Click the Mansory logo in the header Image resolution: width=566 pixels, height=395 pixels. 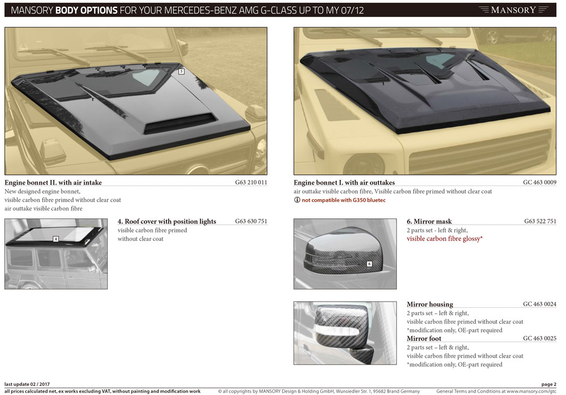(x=513, y=10)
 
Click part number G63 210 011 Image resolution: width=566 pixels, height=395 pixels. (x=251, y=182)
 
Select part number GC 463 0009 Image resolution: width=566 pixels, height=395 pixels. (x=539, y=182)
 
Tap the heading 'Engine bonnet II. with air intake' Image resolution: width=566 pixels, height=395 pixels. (x=53, y=183)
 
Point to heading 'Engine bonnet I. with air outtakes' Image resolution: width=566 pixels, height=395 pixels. (x=344, y=183)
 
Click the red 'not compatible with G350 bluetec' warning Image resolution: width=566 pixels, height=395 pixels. (x=344, y=200)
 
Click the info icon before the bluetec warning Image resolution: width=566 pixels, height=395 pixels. (x=297, y=200)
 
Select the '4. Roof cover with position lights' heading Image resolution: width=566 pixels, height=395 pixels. (x=167, y=221)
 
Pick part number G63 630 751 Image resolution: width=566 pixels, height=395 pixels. (x=251, y=221)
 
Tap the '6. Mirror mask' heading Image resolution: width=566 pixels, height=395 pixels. (x=429, y=221)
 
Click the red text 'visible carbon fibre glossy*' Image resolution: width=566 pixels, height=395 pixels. (x=445, y=239)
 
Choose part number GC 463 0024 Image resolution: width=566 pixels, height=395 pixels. (x=539, y=304)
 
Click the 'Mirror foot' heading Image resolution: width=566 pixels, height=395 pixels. (x=424, y=338)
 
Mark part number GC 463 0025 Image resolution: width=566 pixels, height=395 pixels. (x=539, y=338)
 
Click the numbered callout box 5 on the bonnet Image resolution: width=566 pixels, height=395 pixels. (x=181, y=71)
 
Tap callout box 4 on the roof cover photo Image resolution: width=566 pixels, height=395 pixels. (x=55, y=239)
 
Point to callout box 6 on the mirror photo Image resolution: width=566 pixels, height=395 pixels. (x=369, y=264)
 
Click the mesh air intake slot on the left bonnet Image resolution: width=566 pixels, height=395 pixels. (x=179, y=123)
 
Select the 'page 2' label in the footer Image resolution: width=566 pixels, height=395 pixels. (x=548, y=384)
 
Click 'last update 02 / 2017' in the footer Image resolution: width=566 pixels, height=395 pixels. (x=27, y=384)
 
